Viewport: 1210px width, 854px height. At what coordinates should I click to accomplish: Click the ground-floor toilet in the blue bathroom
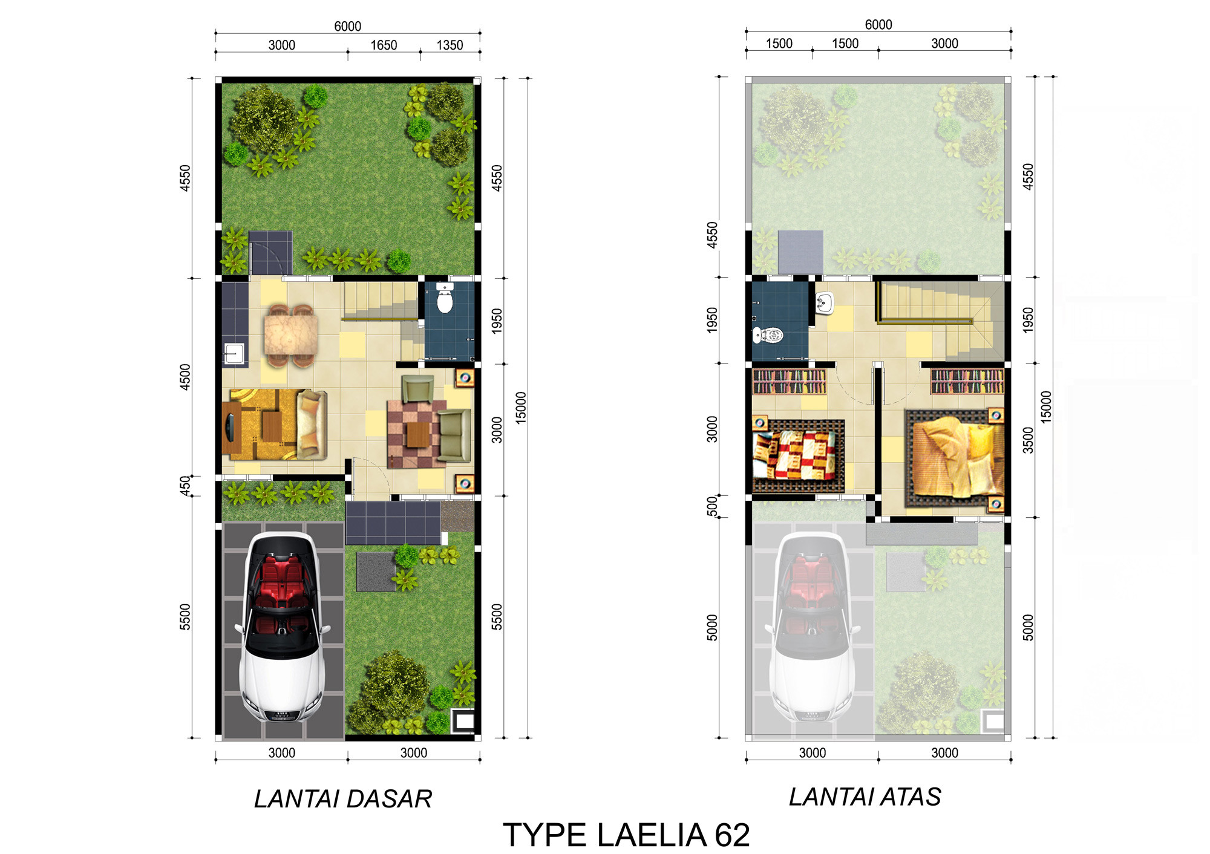coord(445,298)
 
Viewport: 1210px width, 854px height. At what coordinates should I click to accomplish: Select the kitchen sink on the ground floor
coord(234,353)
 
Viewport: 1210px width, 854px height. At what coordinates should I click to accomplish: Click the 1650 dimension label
coord(384,45)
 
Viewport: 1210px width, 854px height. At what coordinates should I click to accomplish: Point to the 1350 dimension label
coord(450,45)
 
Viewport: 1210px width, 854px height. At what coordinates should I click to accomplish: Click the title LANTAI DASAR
coord(343,799)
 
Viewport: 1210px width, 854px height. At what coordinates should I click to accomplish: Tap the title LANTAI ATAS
coord(865,797)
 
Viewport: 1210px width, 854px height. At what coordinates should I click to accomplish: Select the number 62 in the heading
coord(732,835)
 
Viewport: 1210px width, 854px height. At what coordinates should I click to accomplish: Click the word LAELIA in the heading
coord(652,835)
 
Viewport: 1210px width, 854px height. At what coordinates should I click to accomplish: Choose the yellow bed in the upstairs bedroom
coord(955,458)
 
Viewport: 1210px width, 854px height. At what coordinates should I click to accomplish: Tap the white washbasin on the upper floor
coord(825,302)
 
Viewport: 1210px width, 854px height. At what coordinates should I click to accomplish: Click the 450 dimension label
coord(185,486)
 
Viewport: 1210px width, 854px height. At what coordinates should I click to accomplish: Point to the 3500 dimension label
coord(1028,440)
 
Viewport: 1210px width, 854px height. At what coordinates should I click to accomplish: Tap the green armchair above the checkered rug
coord(417,388)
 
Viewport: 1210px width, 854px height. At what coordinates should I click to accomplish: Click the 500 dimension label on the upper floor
coord(713,506)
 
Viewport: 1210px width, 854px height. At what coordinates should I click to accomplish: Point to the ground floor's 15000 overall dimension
coord(521,408)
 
